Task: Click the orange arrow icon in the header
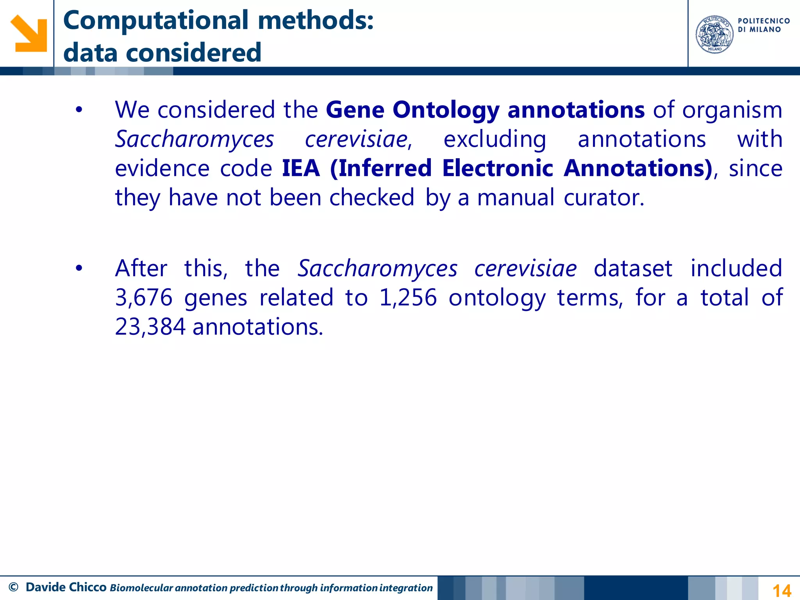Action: click(29, 33)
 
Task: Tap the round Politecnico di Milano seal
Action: click(714, 34)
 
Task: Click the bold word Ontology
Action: click(445, 110)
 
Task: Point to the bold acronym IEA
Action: click(301, 168)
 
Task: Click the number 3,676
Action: click(144, 298)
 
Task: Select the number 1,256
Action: click(408, 298)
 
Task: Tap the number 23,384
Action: click(150, 327)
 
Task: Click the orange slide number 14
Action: click(782, 590)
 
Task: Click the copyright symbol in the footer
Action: click(13, 587)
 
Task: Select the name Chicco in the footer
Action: click(87, 587)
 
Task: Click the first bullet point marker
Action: click(79, 110)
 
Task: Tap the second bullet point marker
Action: click(79, 269)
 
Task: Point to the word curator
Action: click(604, 198)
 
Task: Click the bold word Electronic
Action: click(498, 168)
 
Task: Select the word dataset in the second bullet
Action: click(633, 269)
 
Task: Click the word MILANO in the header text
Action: click(765, 30)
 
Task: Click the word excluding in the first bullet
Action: click(495, 139)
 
